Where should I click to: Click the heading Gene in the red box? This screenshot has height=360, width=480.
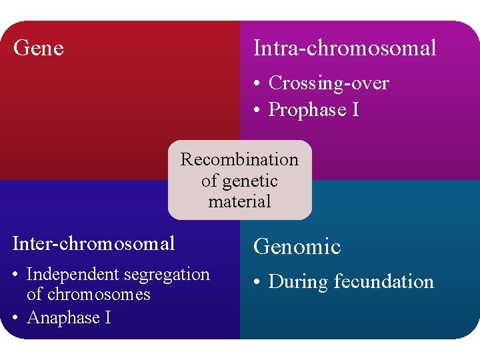click(x=39, y=48)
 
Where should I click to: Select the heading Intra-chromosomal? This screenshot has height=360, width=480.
click(x=345, y=48)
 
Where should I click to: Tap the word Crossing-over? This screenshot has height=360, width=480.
click(x=328, y=83)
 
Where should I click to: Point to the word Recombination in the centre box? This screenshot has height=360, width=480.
click(x=239, y=159)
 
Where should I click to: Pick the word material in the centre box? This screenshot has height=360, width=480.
click(x=239, y=201)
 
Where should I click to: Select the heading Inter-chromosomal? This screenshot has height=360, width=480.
click(x=94, y=243)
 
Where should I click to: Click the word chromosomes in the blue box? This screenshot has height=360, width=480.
click(x=89, y=294)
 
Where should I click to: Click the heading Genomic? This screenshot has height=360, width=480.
click(x=297, y=247)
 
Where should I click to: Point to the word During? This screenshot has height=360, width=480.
click(x=298, y=282)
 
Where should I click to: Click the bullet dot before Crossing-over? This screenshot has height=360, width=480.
click(x=257, y=84)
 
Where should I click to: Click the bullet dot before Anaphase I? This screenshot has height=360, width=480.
click(x=15, y=318)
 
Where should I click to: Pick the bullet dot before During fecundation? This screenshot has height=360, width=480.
click(x=257, y=283)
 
